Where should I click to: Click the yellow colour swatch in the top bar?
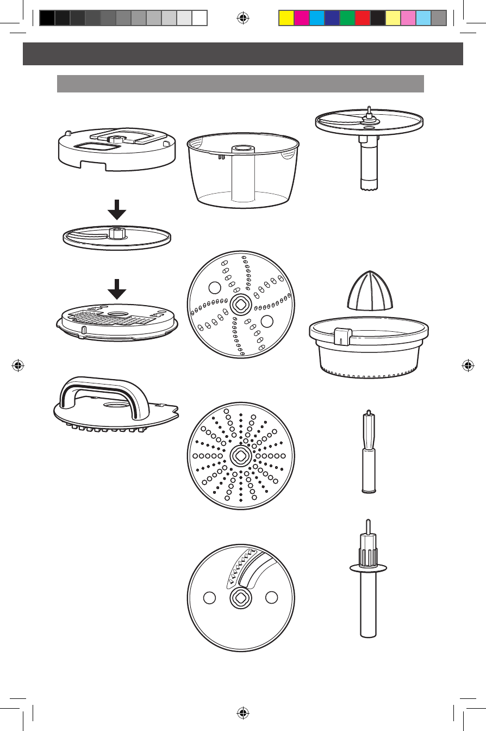(286, 18)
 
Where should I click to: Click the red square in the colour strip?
(362, 18)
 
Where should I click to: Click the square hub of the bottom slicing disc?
(240, 598)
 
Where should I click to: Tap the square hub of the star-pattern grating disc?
(240, 455)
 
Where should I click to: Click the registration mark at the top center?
(243, 17)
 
